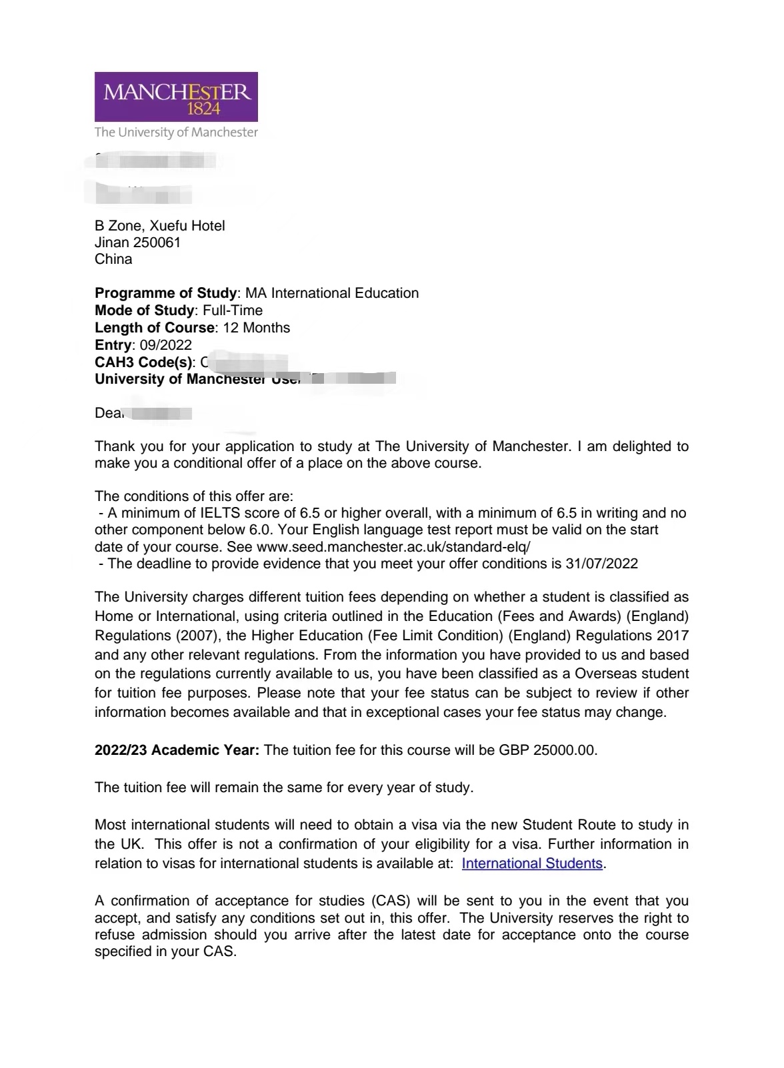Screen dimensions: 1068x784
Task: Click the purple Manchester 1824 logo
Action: coord(176,97)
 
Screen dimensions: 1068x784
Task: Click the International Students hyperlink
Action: coord(532,863)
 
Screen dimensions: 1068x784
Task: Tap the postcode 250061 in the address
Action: coord(157,243)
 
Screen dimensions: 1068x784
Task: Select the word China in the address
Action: coord(113,259)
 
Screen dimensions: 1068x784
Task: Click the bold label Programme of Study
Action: coord(165,293)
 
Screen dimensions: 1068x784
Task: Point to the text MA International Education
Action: coord(332,293)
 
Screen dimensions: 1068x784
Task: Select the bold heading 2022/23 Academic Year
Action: coord(177,750)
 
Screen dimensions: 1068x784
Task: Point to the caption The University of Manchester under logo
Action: coord(176,133)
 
